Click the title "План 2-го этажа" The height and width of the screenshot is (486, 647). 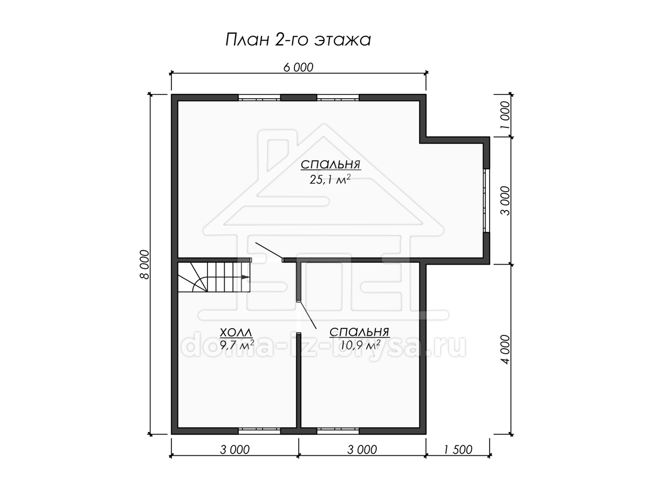[298, 39]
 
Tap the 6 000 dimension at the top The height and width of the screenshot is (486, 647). [298, 67]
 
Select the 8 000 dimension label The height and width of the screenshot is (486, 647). [145, 265]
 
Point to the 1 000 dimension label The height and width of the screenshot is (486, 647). [505, 115]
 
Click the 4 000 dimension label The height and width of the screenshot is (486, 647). [505, 349]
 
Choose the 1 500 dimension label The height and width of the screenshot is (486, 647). [458, 450]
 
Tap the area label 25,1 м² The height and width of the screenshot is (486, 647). [330, 179]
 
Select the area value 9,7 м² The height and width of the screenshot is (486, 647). [237, 345]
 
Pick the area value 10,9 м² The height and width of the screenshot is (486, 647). [360, 345]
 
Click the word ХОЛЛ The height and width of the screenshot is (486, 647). [236, 333]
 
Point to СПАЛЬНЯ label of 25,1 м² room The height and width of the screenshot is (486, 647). [331, 164]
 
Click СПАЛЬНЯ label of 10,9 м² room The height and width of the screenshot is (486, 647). [360, 332]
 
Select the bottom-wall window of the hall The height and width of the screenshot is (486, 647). [259, 431]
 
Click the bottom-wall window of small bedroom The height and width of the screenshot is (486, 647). [338, 431]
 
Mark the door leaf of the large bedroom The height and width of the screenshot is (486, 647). [269, 251]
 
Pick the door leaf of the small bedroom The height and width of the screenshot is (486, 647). [308, 315]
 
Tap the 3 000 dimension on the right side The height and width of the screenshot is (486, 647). [505, 201]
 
